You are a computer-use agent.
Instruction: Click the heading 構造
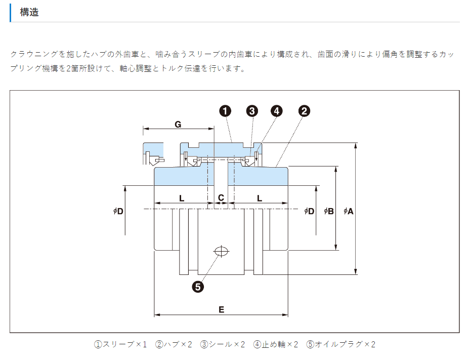point(29,13)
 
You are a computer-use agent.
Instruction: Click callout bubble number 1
point(225,111)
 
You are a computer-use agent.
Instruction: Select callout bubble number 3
point(252,111)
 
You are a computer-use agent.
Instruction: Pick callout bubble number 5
point(198,287)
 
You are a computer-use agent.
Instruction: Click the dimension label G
point(178,125)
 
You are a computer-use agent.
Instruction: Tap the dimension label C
point(221,198)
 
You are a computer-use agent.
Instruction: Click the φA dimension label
point(348,211)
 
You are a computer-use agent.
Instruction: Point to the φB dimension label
point(328,211)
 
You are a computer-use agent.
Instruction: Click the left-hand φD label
point(118,211)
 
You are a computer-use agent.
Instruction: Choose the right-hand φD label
point(309,211)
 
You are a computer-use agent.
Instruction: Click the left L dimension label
point(181,198)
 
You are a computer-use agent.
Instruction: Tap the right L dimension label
point(260,198)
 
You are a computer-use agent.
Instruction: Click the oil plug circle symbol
point(221,251)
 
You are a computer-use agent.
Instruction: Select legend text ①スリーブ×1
point(120,344)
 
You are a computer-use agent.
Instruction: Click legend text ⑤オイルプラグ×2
point(340,344)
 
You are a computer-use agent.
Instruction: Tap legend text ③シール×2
point(223,344)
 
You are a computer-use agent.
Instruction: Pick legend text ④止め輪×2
point(276,344)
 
